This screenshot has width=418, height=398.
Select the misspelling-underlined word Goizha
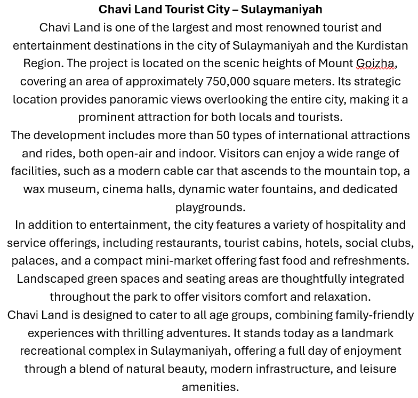click(x=375, y=63)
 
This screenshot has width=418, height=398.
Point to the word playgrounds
click(x=210, y=207)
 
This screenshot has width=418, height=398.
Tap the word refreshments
click(x=368, y=261)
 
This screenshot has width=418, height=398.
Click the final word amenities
click(x=210, y=387)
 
